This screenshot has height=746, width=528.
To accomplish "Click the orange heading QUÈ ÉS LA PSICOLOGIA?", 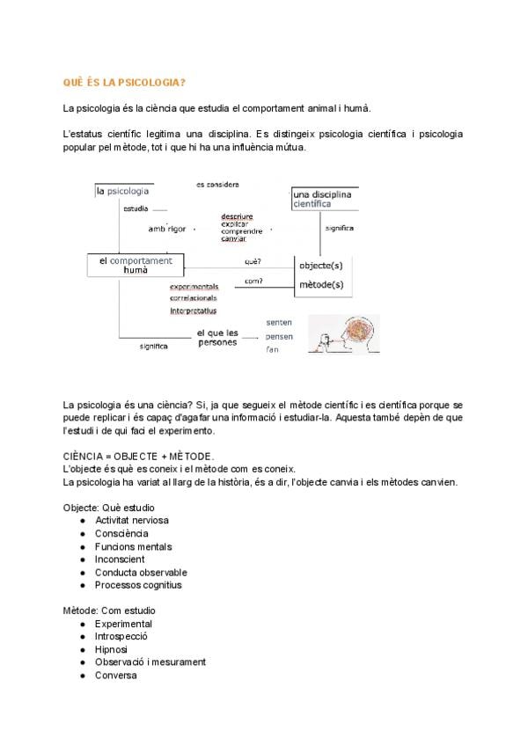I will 124,84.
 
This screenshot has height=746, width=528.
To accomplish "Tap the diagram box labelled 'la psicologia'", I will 123,190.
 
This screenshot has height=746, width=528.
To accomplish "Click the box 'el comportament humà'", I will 136,266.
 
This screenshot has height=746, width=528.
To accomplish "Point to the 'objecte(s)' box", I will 320,265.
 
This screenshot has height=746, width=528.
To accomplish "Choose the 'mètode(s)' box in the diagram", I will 320,284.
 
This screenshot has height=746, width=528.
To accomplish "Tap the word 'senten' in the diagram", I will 279,322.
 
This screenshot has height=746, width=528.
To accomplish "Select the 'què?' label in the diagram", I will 253,261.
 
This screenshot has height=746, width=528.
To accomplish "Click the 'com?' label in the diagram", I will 253,282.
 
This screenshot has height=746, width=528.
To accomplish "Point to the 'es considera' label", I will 217,185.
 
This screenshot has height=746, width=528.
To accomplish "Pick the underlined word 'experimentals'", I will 194,287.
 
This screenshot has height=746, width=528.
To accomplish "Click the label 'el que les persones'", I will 216,337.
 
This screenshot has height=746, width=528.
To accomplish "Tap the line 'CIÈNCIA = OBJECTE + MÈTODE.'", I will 138,457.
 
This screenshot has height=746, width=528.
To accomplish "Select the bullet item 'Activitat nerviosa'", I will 132,520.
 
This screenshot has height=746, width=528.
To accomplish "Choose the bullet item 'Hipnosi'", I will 112,649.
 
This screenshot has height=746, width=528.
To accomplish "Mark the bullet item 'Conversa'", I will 115,675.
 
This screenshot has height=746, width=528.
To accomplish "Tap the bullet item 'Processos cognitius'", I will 138,585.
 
